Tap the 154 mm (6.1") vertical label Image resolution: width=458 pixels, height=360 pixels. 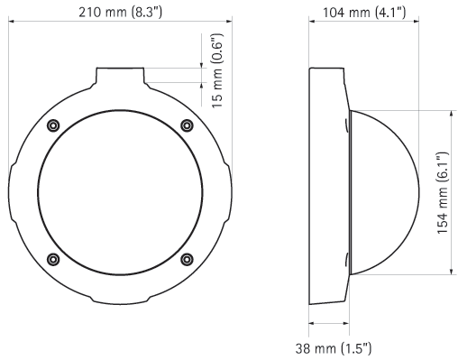tap(442, 193)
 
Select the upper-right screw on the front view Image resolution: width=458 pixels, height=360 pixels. tap(187, 125)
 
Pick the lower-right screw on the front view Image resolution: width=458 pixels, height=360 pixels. tap(187, 259)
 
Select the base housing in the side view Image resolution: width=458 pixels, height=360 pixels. tap(326, 192)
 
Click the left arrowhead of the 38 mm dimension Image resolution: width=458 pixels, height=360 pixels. tap(312, 324)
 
